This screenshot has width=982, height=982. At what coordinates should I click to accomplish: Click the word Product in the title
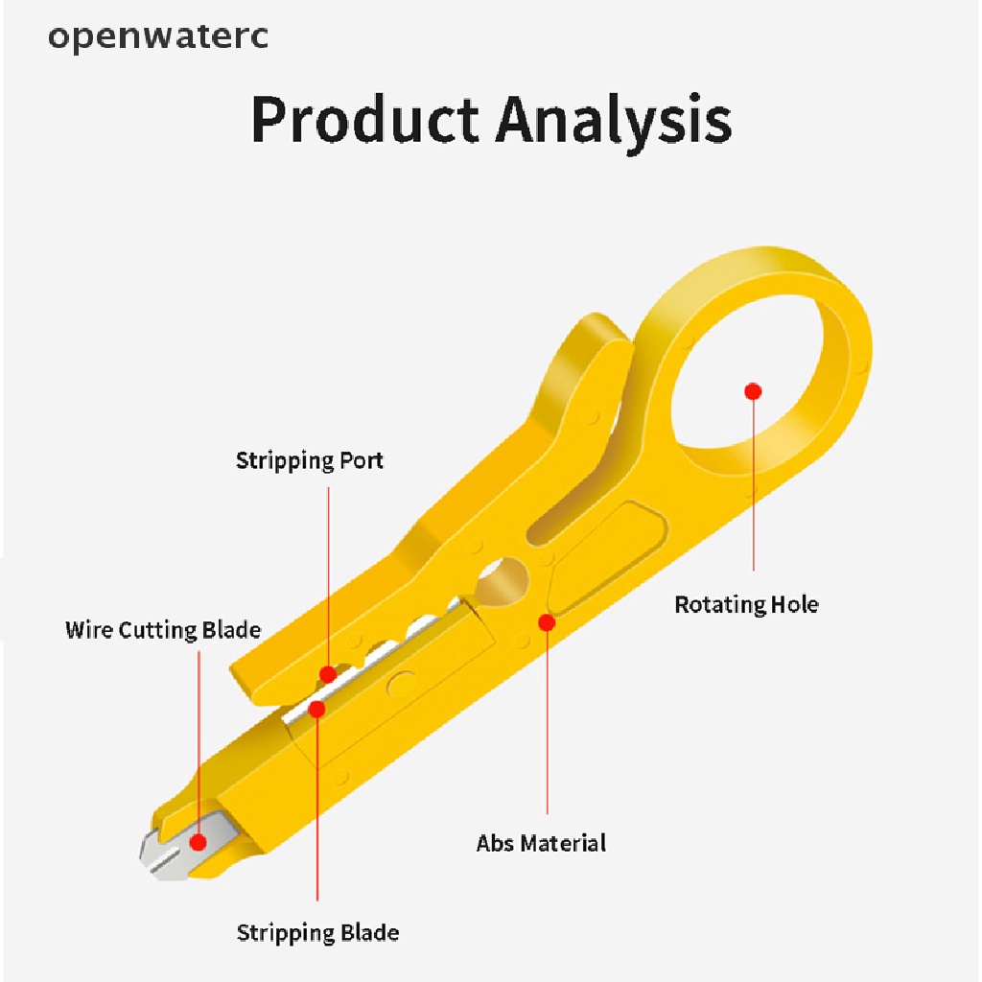point(364,121)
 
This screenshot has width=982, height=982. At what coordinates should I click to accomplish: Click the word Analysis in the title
point(614,121)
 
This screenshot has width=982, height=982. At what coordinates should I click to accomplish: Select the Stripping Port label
point(310,460)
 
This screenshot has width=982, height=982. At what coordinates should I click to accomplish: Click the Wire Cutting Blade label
point(163,630)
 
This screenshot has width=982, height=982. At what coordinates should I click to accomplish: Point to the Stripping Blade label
point(317,932)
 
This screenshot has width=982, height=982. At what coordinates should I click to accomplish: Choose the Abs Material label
point(541,843)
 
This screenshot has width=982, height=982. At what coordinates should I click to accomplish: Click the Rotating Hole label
point(746,605)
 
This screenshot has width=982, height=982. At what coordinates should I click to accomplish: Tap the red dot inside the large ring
point(753,391)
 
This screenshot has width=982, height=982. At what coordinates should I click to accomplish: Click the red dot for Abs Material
point(547,622)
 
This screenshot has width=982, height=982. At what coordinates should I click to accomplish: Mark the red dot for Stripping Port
point(328,673)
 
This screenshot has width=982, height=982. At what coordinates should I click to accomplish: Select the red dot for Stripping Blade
point(317,709)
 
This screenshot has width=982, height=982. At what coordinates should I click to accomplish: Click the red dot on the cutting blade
point(199,843)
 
